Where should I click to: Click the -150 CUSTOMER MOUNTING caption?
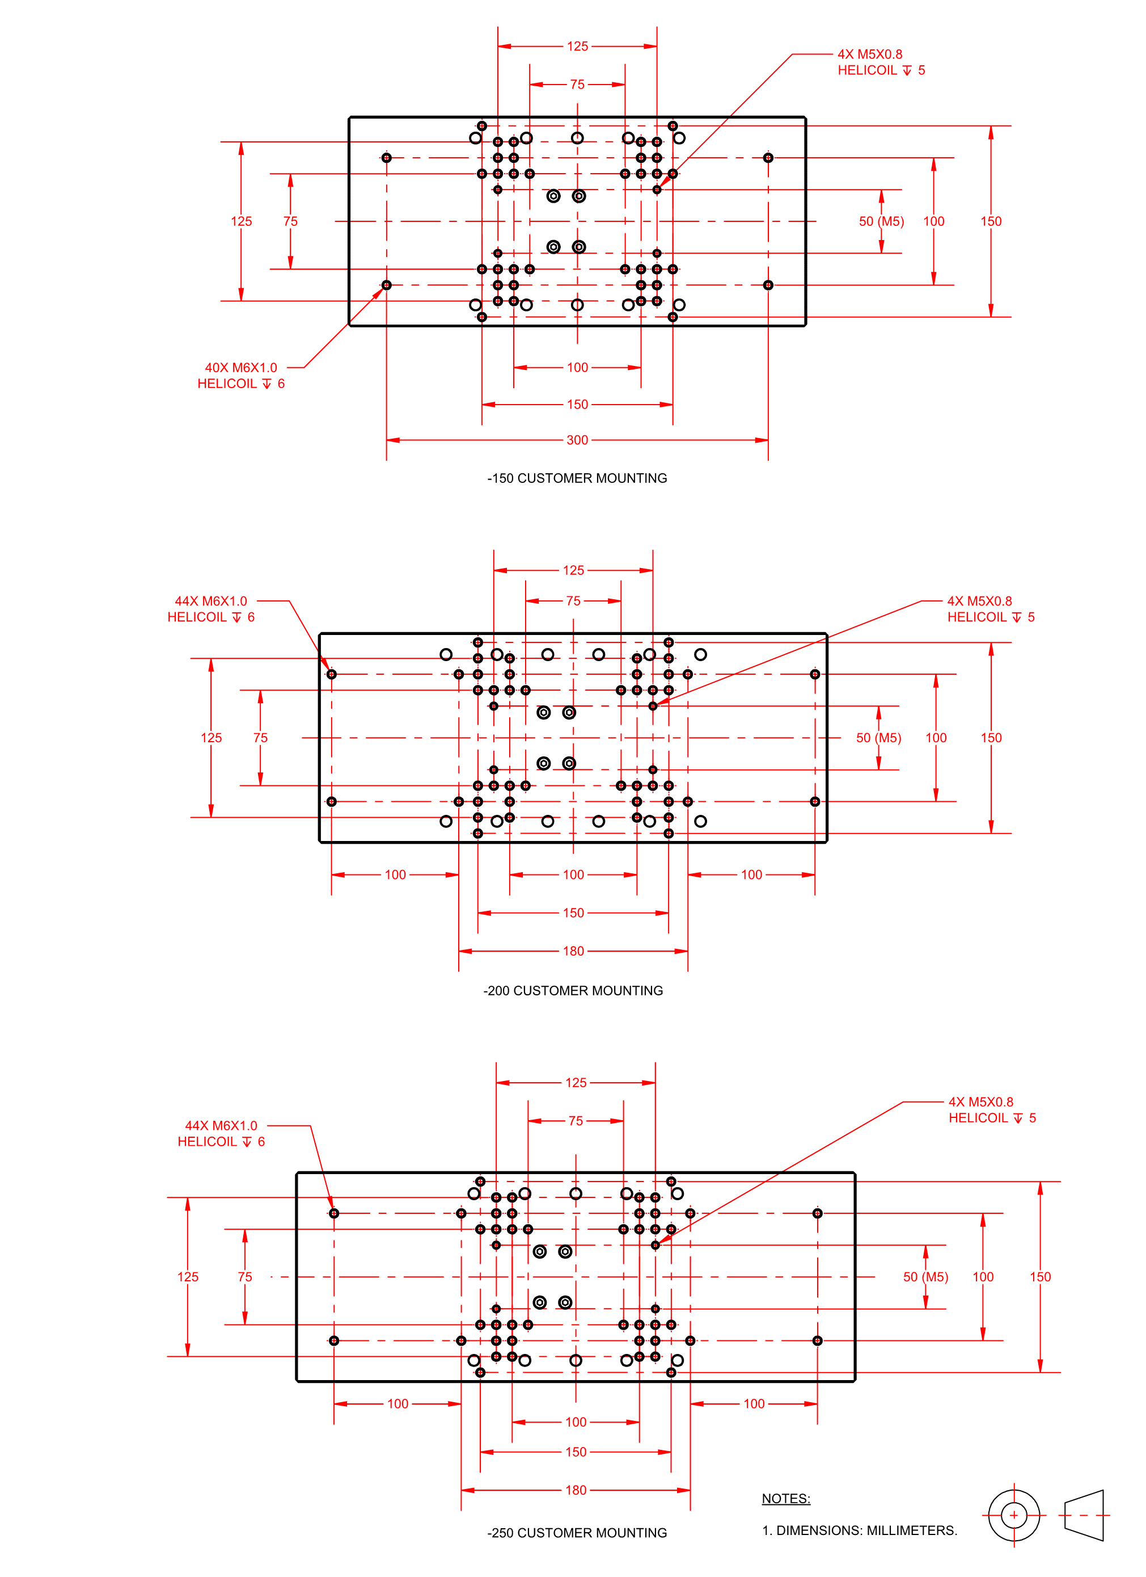(577, 478)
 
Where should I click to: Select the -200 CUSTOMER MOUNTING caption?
(573, 991)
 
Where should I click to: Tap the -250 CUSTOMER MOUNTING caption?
(577, 1533)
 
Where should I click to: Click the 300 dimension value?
(577, 440)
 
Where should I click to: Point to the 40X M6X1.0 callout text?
(240, 368)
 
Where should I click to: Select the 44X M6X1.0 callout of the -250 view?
(221, 1126)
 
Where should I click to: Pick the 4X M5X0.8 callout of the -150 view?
(870, 54)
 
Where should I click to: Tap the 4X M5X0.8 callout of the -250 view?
(980, 1102)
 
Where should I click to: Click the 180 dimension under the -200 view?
(573, 951)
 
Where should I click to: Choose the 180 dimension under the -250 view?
(576, 1490)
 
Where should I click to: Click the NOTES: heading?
(786, 1499)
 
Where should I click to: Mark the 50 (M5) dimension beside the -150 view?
(881, 222)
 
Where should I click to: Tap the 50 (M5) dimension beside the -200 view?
(878, 738)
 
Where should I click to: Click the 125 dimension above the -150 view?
(577, 47)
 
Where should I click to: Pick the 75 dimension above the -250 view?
(576, 1121)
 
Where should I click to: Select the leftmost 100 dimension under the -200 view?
(395, 874)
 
